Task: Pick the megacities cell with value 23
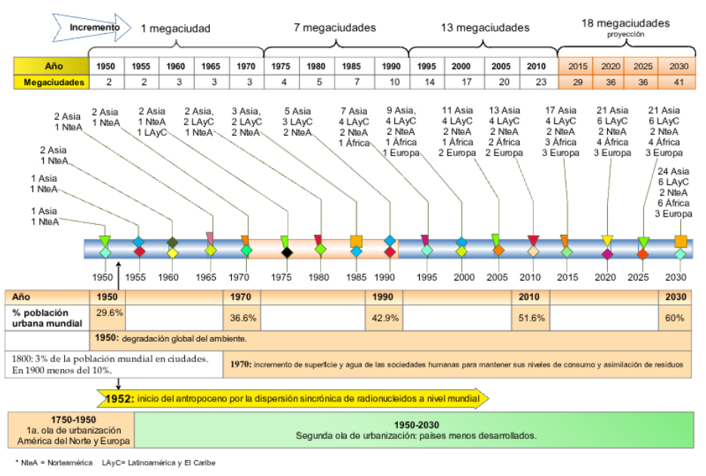point(536,81)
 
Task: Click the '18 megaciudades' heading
point(625,23)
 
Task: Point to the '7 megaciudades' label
point(335,28)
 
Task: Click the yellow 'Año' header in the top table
point(51,66)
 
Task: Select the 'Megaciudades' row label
point(51,81)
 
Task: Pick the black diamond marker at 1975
point(286,253)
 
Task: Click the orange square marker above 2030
point(680,241)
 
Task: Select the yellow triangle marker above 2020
point(607,241)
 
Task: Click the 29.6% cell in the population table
point(109,312)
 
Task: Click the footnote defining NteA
point(53,462)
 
